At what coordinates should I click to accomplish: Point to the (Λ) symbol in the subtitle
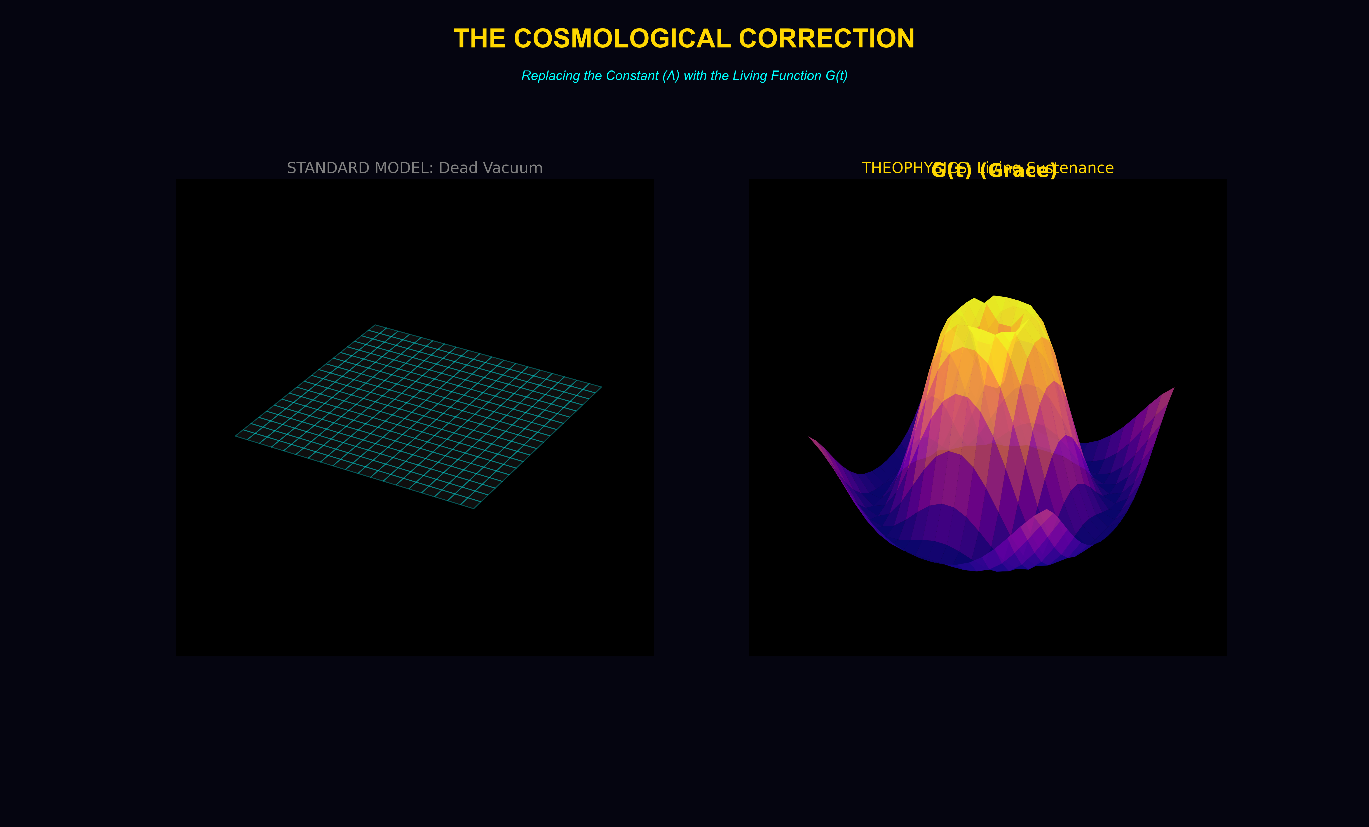pyautogui.click(x=671, y=76)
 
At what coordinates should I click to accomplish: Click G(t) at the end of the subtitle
pyautogui.click(x=836, y=76)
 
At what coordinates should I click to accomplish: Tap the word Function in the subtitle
pyautogui.click(x=795, y=76)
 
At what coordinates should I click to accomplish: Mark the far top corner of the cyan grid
pyautogui.click(x=376, y=325)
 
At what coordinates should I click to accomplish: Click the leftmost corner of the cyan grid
pyautogui.click(x=236, y=436)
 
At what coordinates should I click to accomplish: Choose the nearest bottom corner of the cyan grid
pyautogui.click(x=474, y=508)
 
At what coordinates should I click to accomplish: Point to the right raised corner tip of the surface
pyautogui.click(x=1173, y=388)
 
